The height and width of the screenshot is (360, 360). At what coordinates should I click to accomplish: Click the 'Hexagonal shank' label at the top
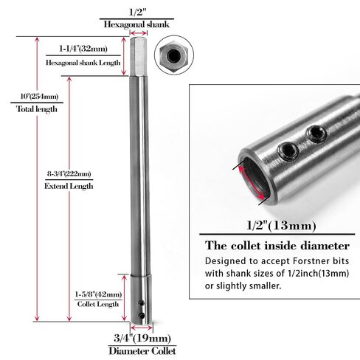[136, 24]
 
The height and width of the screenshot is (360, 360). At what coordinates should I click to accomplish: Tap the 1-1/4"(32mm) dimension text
[83, 49]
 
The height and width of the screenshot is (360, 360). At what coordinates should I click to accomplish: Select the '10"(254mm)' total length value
[39, 96]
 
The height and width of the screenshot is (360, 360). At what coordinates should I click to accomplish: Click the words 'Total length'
[37, 109]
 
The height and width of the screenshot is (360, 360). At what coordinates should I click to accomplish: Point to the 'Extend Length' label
[69, 186]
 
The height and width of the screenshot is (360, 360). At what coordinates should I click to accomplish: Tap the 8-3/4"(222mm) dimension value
[69, 174]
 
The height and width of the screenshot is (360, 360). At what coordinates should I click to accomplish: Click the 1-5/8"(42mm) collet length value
[98, 294]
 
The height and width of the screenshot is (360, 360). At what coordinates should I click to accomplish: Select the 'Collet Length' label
[98, 304]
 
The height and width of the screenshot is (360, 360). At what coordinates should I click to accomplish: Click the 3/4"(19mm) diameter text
[142, 339]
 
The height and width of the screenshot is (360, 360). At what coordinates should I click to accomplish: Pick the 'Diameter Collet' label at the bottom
[142, 351]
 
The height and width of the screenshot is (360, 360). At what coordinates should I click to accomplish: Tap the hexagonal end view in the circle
[174, 55]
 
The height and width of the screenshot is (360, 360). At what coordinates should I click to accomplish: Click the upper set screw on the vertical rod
[142, 303]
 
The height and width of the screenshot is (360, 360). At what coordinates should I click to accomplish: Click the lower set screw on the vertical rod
[142, 316]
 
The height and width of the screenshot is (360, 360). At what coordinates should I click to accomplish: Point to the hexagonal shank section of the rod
[139, 56]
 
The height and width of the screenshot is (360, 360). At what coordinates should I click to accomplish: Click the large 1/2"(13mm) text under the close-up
[281, 226]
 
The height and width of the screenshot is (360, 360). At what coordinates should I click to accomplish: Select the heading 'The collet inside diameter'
[277, 246]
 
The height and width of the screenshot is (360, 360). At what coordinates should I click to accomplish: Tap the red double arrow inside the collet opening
[252, 182]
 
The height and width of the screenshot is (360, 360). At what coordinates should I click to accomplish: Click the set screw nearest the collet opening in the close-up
[288, 150]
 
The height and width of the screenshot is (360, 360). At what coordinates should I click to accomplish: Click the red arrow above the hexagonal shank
[139, 33]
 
